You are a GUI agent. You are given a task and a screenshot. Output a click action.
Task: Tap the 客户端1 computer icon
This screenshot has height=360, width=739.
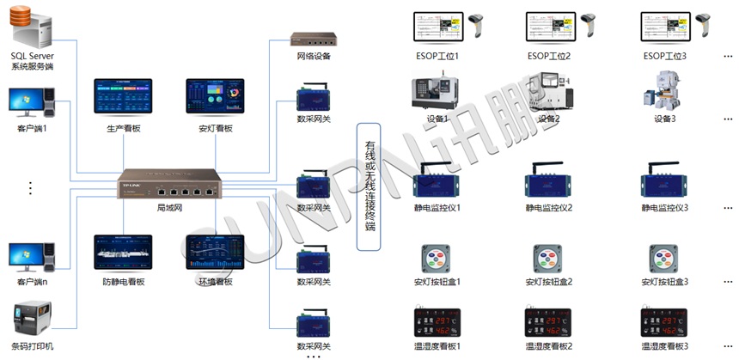point(31,104)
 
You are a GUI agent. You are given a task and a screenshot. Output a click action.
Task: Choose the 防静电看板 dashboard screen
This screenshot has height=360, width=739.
point(123,252)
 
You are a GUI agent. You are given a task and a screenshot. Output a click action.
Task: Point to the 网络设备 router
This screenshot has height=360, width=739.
point(314,40)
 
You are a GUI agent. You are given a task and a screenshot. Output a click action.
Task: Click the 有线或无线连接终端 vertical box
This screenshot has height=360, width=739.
point(368,186)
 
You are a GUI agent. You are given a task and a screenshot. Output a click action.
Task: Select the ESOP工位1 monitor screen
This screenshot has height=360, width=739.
point(437,27)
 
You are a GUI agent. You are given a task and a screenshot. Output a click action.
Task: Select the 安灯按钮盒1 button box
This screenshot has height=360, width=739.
point(437,259)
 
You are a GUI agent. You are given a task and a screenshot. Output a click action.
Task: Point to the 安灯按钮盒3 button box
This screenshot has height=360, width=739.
point(664,259)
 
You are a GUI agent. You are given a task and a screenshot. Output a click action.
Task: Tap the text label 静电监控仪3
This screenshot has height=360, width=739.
point(664,208)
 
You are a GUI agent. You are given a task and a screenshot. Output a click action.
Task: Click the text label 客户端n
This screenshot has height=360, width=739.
point(32,282)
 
